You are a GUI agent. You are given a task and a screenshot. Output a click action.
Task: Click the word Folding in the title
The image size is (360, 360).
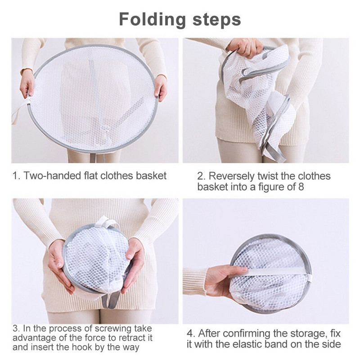point(152,20)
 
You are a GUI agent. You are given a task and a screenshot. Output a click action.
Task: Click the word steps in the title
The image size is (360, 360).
point(217,20)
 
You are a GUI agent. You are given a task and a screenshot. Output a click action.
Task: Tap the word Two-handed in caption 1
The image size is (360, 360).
point(52,175)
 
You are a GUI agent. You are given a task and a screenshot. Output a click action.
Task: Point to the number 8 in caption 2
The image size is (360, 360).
point(301,187)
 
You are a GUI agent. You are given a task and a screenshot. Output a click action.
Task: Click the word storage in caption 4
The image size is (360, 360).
point(308,333)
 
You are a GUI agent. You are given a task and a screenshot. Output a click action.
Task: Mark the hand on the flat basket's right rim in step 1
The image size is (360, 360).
point(161,88)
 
